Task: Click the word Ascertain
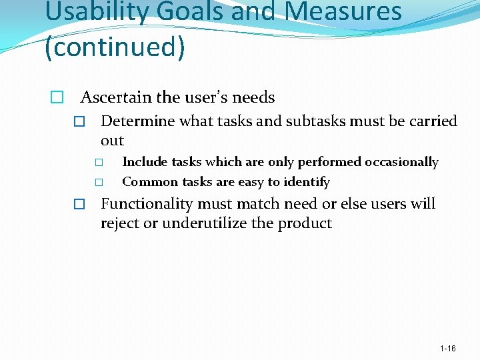tap(116, 97)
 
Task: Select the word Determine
tap(137, 121)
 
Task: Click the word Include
tap(145, 162)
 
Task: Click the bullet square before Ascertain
tap(57, 98)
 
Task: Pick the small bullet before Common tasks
tap(99, 182)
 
